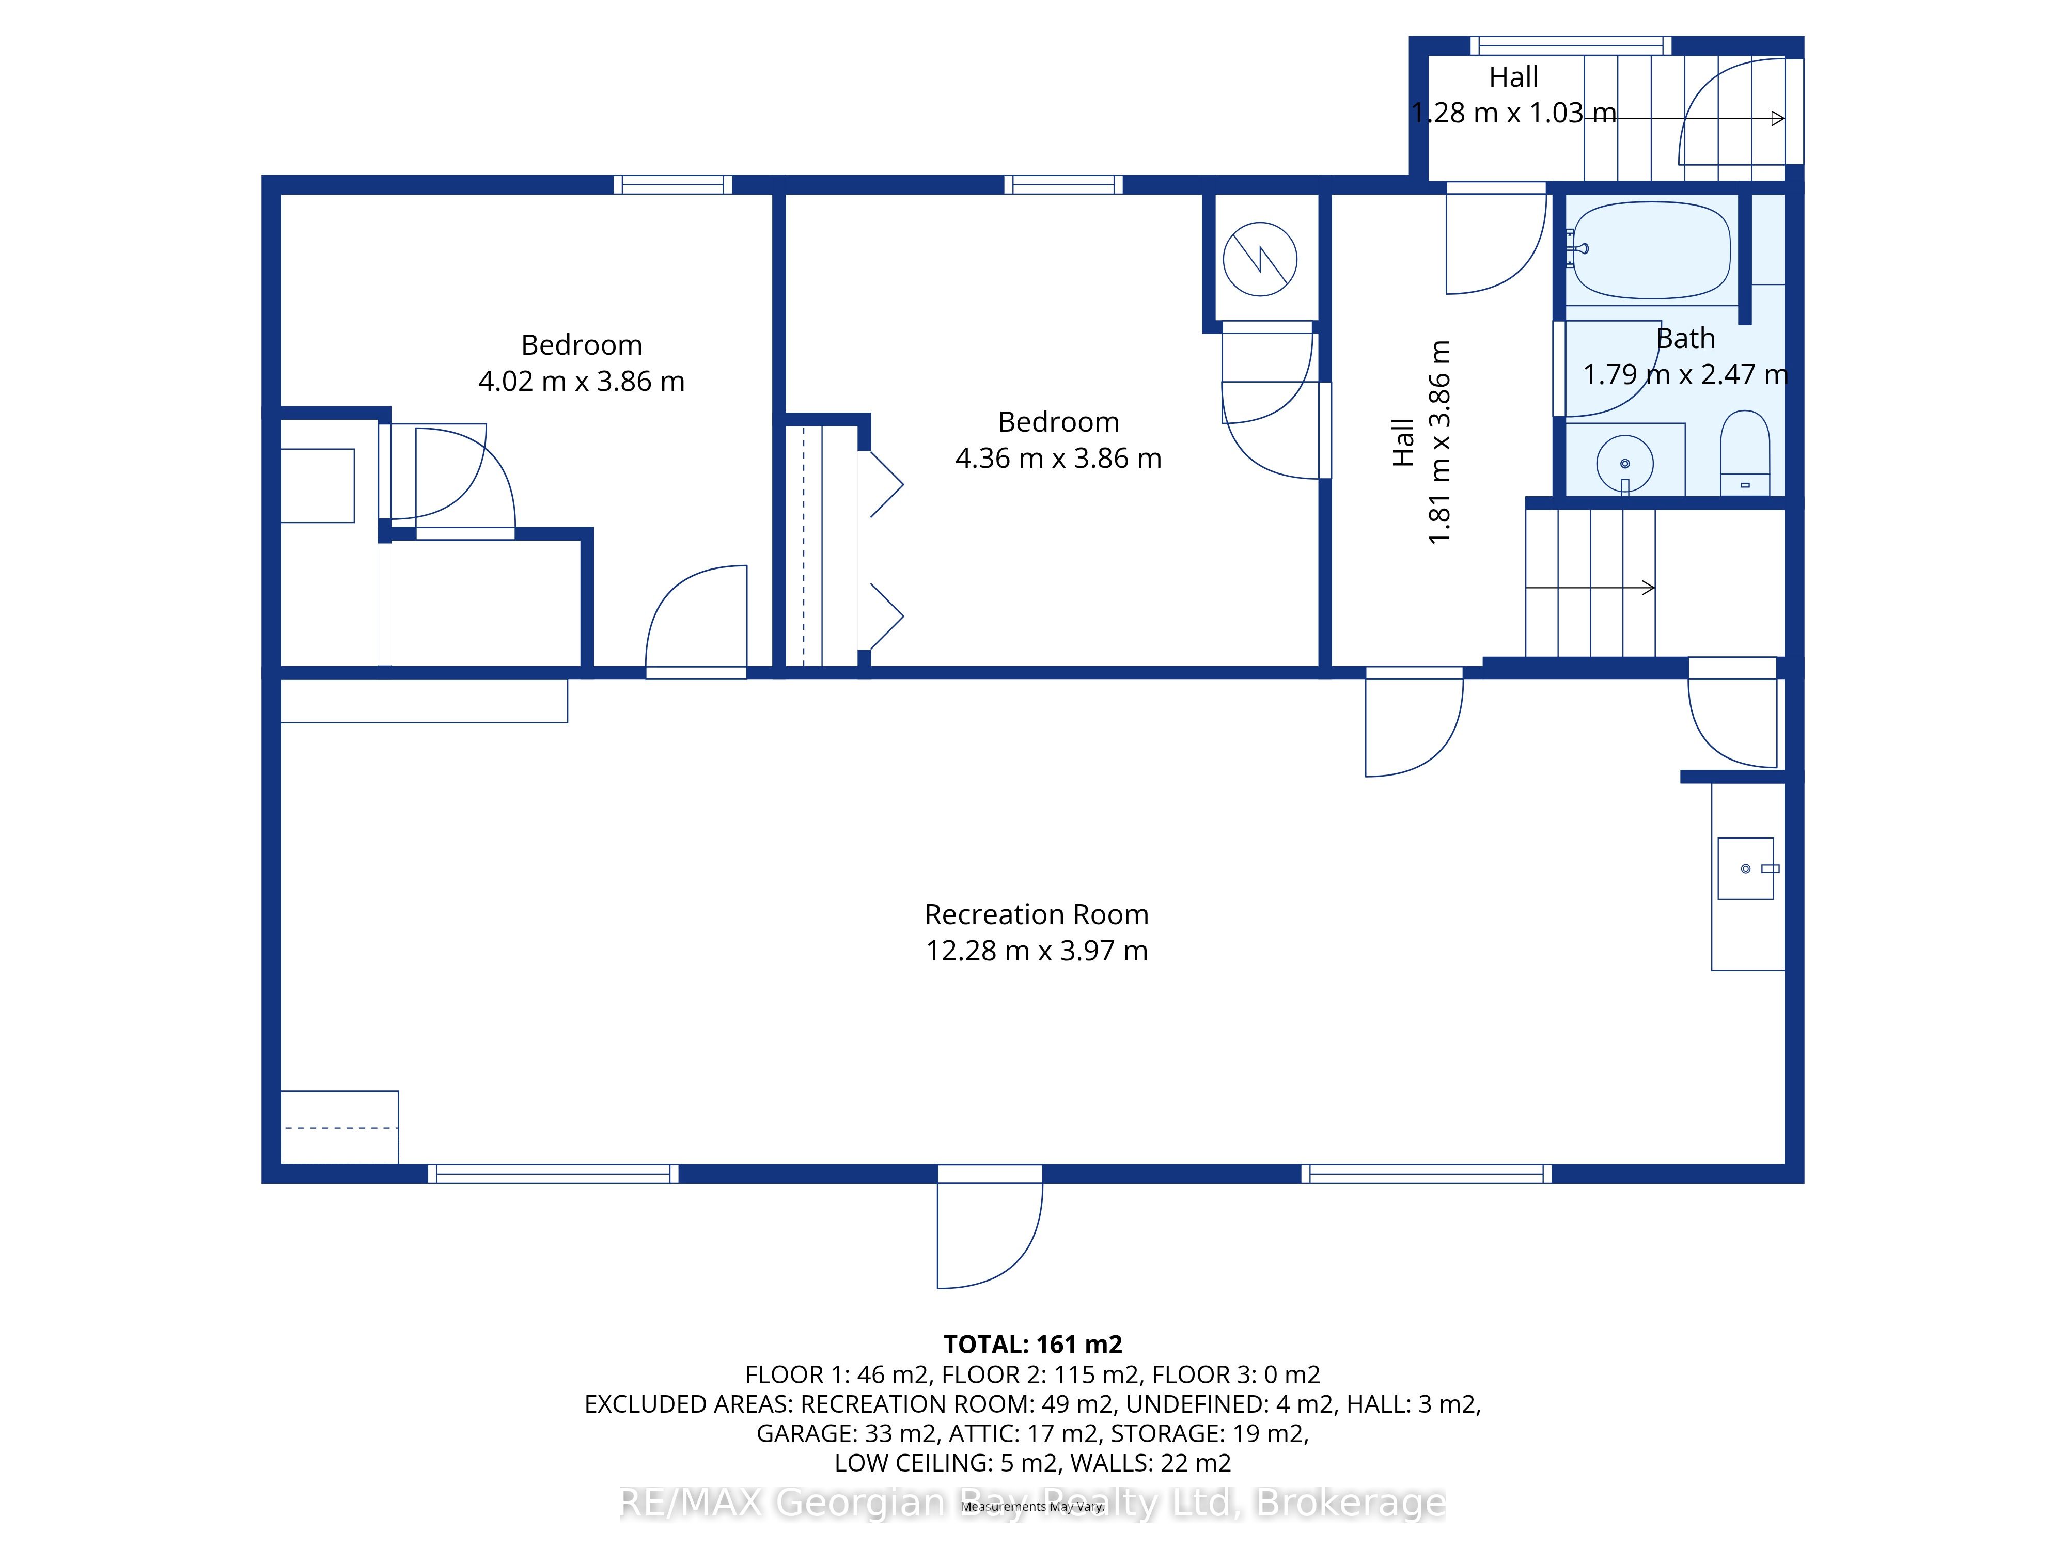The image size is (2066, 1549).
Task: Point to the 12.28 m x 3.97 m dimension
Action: tap(1037, 951)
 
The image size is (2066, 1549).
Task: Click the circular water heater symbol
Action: tap(1260, 259)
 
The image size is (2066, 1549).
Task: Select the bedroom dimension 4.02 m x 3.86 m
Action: tap(581, 381)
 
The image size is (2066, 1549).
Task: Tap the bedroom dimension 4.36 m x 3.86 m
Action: tap(1058, 459)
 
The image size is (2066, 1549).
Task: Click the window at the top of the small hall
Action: tap(1571, 45)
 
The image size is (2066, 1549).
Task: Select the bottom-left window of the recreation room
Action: tap(554, 1174)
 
